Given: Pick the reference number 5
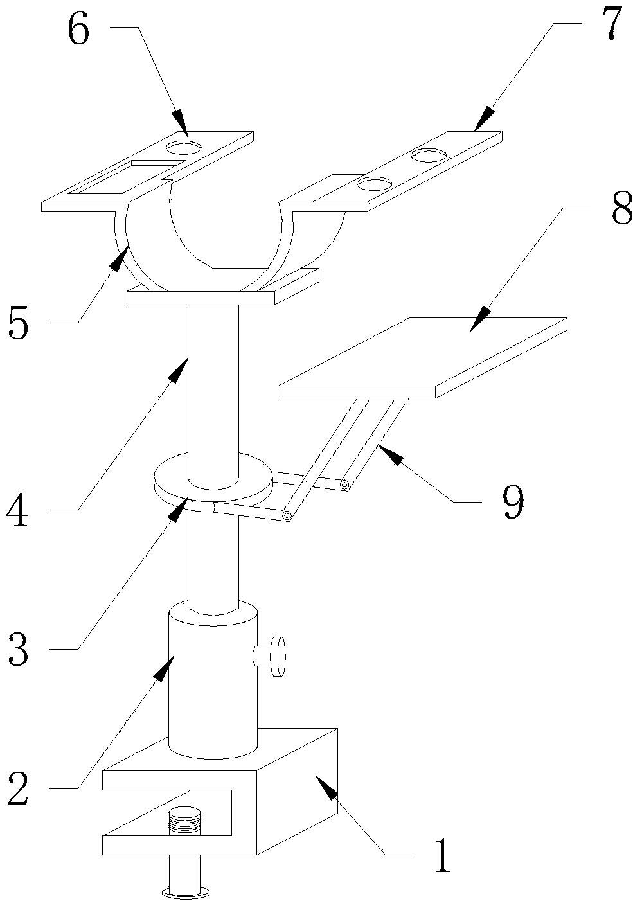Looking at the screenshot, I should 19,323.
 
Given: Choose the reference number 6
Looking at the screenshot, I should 78,30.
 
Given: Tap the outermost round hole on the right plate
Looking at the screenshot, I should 429,156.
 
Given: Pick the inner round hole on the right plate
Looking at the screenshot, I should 375,184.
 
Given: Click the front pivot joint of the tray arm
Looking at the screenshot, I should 287,515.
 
